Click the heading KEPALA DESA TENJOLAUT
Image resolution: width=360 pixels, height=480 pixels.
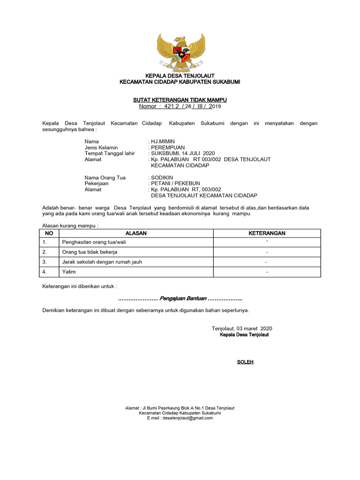(x=180, y=75)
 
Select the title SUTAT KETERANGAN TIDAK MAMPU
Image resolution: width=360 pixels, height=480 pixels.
(x=180, y=100)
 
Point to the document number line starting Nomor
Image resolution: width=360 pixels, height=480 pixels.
(x=180, y=106)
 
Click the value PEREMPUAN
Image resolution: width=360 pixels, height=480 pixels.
(x=168, y=147)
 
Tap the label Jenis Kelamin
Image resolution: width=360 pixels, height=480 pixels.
(x=101, y=147)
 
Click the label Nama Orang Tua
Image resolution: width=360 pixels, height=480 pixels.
(x=105, y=178)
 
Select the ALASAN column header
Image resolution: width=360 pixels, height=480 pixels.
(x=136, y=233)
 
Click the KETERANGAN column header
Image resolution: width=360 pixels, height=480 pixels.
(x=267, y=233)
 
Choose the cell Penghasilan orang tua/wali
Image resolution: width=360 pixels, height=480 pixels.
(x=94, y=242)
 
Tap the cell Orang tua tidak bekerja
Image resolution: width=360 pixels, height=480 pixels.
(x=90, y=252)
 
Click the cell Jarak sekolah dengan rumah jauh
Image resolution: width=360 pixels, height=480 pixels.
(x=102, y=262)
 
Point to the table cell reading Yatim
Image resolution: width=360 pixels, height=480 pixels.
(x=69, y=272)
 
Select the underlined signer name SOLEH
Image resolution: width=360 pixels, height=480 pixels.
(x=245, y=362)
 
